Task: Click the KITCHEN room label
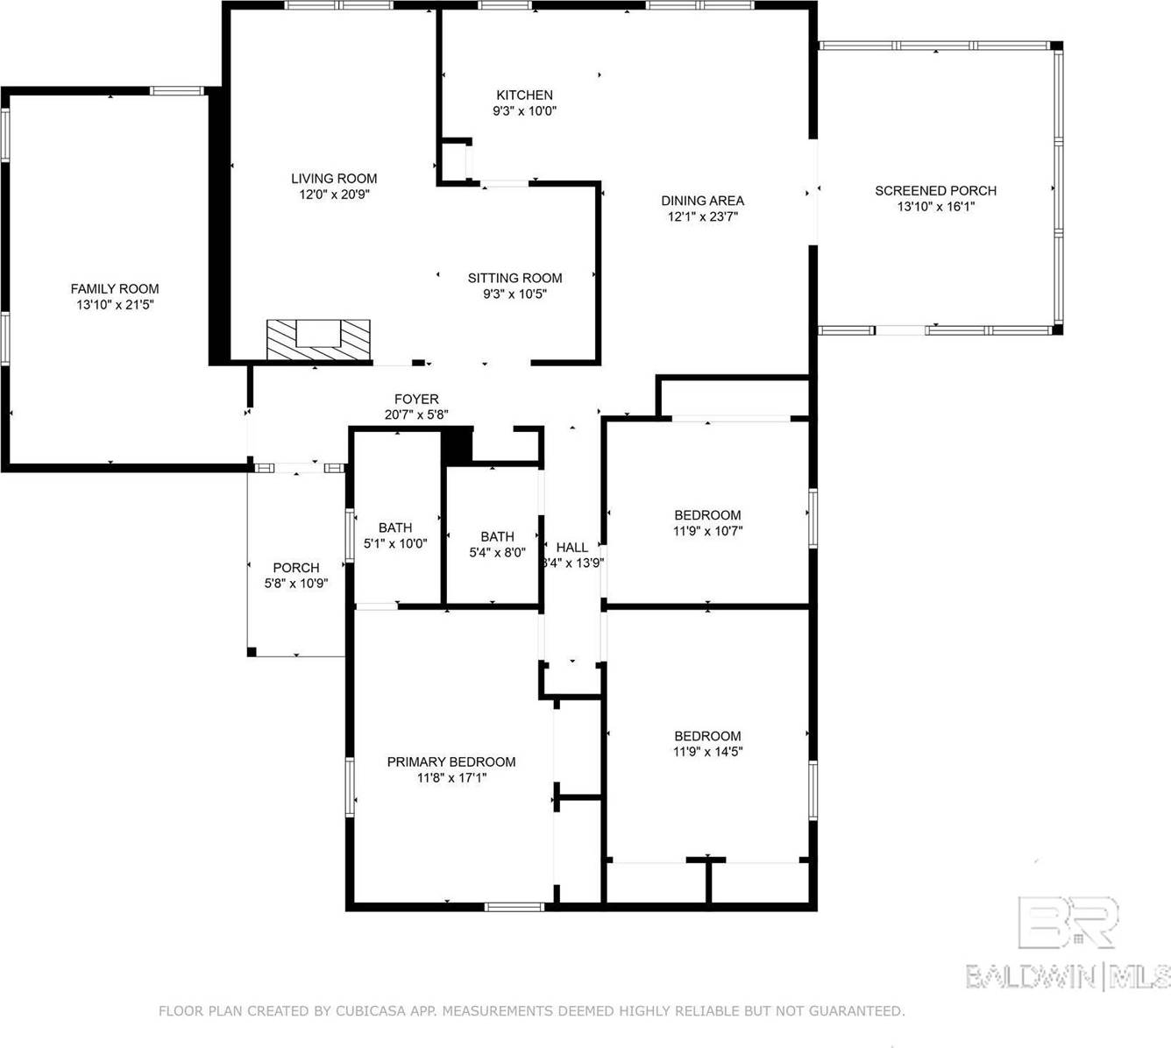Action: pyautogui.click(x=524, y=95)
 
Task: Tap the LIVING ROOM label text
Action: pyautogui.click(x=334, y=178)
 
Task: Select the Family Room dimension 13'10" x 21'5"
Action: pyautogui.click(x=115, y=305)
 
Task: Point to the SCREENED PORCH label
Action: pyautogui.click(x=935, y=190)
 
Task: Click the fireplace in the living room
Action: pyautogui.click(x=318, y=339)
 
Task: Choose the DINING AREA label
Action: pyautogui.click(x=702, y=201)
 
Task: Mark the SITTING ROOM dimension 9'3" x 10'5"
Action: pyautogui.click(x=515, y=294)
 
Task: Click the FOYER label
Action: pyautogui.click(x=416, y=399)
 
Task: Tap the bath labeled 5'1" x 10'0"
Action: pyautogui.click(x=395, y=535)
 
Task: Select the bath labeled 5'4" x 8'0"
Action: pyautogui.click(x=497, y=544)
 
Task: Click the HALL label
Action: pyautogui.click(x=572, y=548)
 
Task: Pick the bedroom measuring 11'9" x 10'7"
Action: pyautogui.click(x=707, y=522)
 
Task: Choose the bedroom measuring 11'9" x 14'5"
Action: pyautogui.click(x=707, y=743)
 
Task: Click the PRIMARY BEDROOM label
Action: pyautogui.click(x=451, y=761)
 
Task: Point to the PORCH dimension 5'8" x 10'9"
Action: pyautogui.click(x=296, y=584)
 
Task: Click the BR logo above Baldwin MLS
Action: pyautogui.click(x=1068, y=922)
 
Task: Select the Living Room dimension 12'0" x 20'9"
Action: pyautogui.click(x=334, y=195)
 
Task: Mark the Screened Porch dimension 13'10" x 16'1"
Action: pyautogui.click(x=935, y=207)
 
